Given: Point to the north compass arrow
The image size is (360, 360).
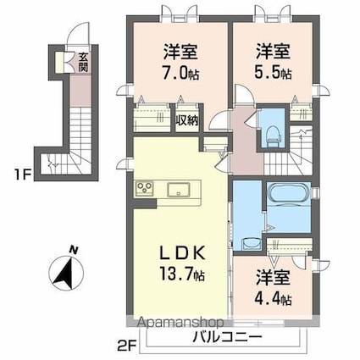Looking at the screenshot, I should pyautogui.click(x=64, y=274).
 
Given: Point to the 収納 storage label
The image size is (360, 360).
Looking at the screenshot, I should pyautogui.click(x=187, y=119).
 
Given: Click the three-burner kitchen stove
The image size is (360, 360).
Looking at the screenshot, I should pyautogui.click(x=141, y=188).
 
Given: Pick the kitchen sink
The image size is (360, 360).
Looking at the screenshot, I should pyautogui.click(x=180, y=188).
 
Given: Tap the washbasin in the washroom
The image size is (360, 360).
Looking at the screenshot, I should pyautogui.click(x=250, y=241).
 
